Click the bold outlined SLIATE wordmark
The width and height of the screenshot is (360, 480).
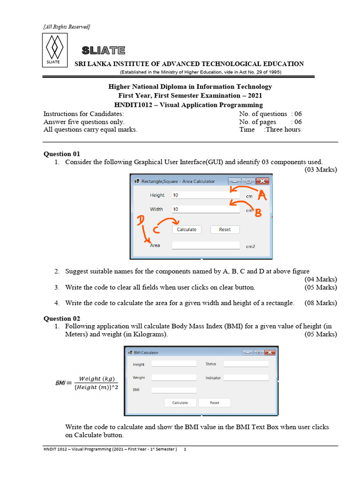coord(103,51)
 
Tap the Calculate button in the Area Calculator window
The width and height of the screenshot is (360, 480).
coord(187,230)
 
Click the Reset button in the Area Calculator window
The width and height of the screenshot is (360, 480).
coord(225,230)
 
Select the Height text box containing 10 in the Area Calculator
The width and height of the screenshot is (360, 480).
coord(205,195)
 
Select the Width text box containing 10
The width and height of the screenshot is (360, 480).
coord(205,210)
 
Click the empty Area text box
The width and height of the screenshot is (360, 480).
coord(205,245)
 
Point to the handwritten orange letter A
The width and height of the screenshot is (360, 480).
coord(262,196)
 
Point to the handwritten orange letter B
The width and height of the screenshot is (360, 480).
coord(257,213)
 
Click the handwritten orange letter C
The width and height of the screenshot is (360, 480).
coord(156,230)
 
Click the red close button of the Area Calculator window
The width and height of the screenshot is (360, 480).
coord(262,181)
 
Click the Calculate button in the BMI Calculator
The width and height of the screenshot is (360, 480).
coord(180,403)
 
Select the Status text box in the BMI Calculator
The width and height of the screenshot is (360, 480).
coord(246,364)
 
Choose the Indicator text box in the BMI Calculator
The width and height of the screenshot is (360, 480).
coord(246,378)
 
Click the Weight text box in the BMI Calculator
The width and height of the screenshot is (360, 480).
coord(174,378)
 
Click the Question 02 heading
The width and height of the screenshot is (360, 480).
coord(62,318)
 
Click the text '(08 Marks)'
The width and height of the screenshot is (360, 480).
coord(321,303)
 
